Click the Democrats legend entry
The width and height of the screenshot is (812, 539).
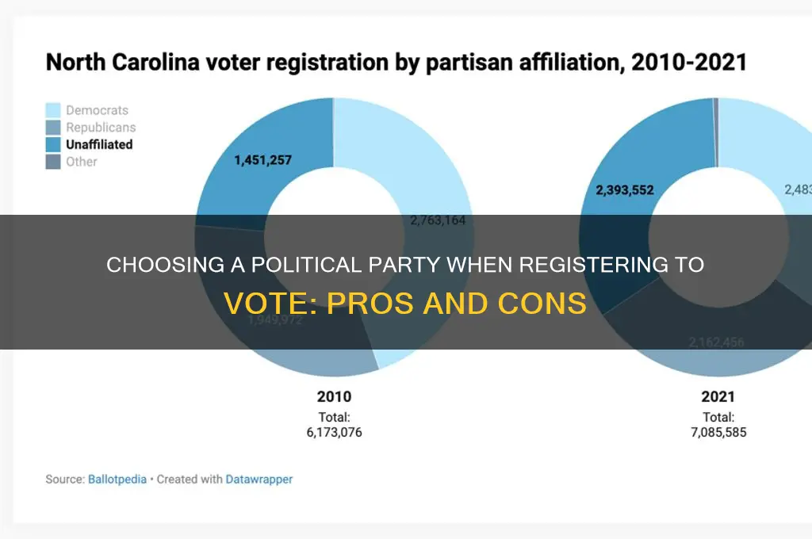(x=97, y=110)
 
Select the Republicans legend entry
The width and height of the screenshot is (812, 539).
(x=101, y=127)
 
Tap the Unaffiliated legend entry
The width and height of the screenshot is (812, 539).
(x=99, y=144)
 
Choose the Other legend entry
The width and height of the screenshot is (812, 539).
(x=82, y=162)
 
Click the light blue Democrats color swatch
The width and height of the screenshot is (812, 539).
(x=52, y=110)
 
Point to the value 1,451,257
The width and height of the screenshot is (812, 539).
(x=262, y=160)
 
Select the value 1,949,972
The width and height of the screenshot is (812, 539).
(x=274, y=320)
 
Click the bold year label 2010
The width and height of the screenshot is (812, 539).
(x=334, y=397)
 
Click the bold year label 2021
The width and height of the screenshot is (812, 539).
(x=718, y=397)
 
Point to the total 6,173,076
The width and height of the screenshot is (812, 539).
(x=334, y=432)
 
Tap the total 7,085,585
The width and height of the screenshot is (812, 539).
(x=718, y=432)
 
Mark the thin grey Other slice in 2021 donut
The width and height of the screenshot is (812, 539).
(x=716, y=132)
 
